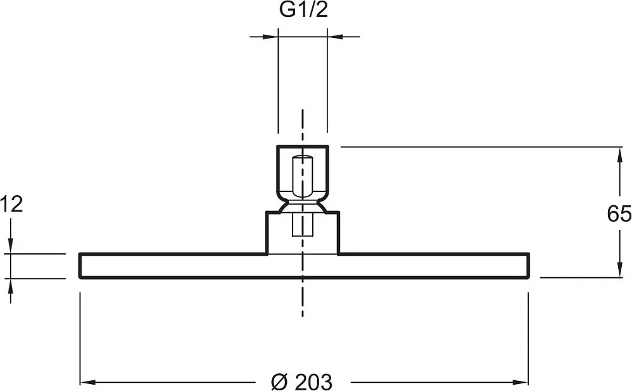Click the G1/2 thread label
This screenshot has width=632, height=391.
[x=303, y=10]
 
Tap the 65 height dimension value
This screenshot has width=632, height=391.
[x=619, y=214]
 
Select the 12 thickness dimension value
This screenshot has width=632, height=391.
[x=11, y=204]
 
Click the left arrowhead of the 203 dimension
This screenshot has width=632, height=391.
[x=87, y=382]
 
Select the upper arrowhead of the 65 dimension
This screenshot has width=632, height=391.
[x=619, y=155]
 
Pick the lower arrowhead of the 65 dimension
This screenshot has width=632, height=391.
[x=619, y=269]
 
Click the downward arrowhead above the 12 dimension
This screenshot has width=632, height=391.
[x=11, y=246]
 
